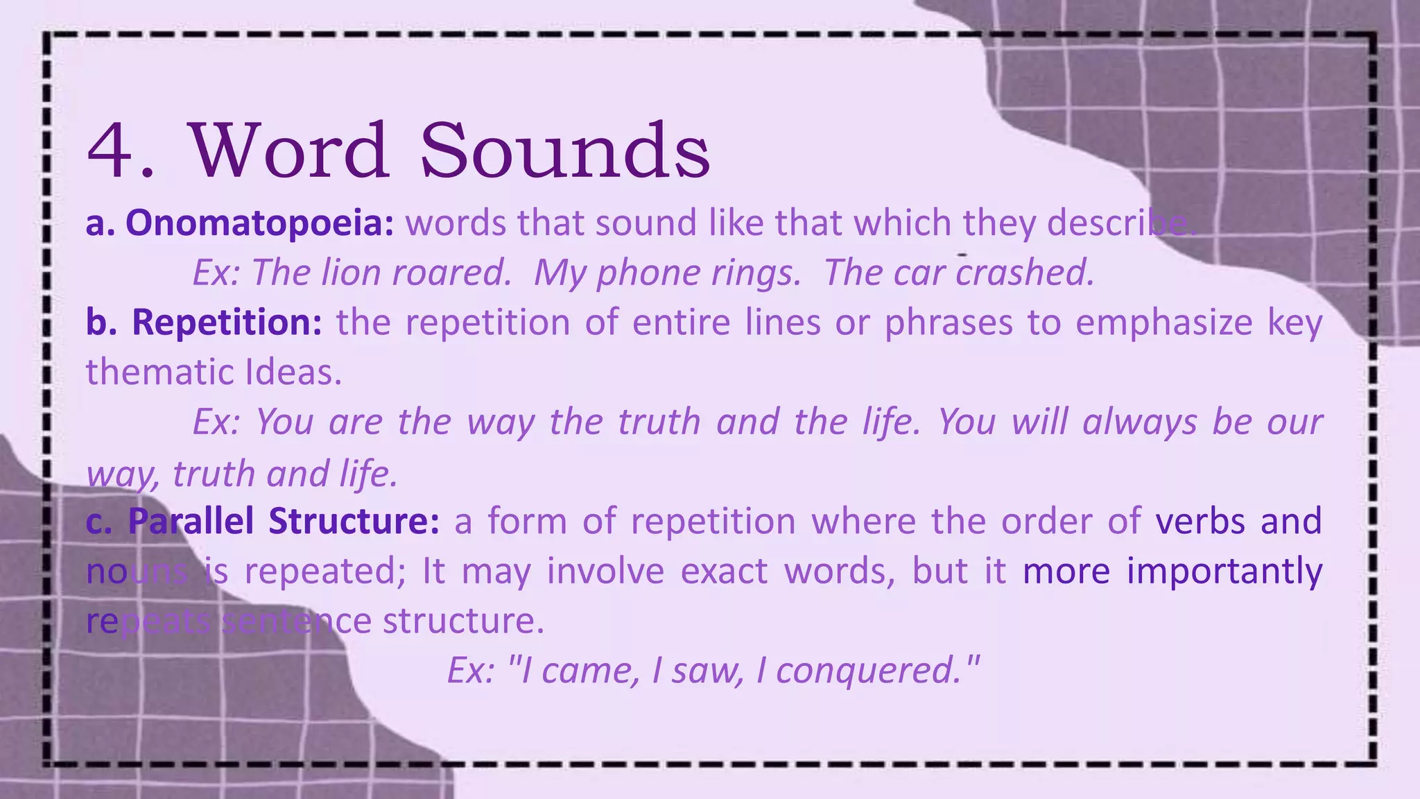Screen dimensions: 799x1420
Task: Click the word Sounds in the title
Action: [x=564, y=151]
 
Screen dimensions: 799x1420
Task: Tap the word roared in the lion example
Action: [x=451, y=273]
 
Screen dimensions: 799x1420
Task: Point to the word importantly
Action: [x=1224, y=571]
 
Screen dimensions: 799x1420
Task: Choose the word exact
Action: [x=724, y=571]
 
